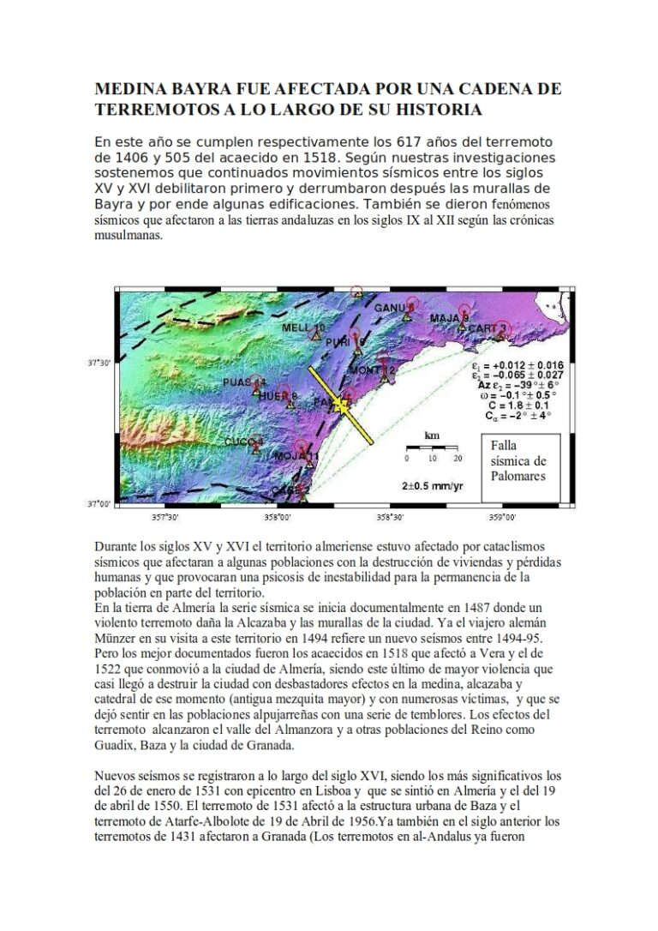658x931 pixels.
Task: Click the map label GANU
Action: (390, 308)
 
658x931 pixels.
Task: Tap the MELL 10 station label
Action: (303, 328)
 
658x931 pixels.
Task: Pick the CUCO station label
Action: (243, 441)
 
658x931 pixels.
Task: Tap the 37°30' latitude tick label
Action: (100, 363)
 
